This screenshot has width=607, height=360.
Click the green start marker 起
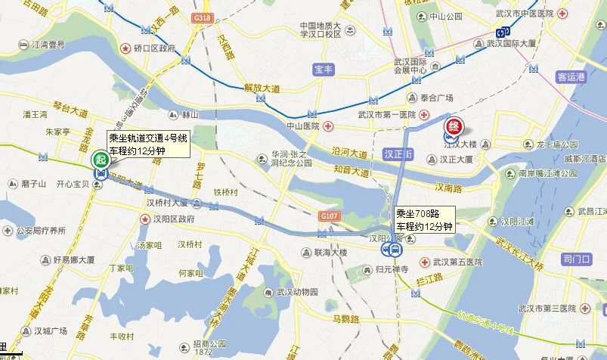(x=98, y=160)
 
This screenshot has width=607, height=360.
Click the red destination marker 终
(x=454, y=126)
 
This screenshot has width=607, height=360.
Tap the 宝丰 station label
(x=324, y=70)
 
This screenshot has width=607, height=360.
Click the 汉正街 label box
(x=398, y=154)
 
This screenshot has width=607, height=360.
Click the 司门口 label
(x=577, y=259)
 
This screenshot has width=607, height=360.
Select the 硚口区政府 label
(x=154, y=48)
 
